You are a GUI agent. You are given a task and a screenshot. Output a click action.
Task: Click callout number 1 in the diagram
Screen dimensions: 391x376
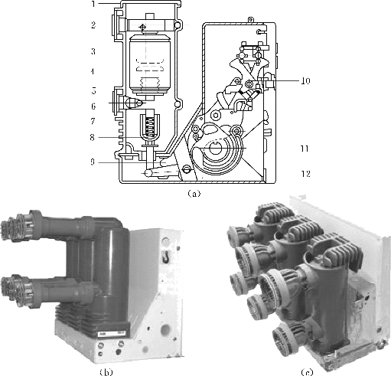93,4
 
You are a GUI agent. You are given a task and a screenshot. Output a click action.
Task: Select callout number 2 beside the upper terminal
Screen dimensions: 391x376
93,25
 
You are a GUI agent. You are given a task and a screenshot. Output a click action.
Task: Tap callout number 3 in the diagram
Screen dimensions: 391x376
93,51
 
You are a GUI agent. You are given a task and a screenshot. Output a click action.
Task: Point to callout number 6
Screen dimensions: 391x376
93,106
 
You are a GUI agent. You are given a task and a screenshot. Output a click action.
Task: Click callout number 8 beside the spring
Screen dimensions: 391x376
93,138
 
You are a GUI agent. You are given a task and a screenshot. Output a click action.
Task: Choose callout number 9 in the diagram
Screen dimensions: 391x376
93,162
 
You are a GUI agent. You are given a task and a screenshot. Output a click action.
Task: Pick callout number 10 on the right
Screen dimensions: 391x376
305,81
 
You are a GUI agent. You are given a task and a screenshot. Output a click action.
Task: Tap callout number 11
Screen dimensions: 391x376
305,149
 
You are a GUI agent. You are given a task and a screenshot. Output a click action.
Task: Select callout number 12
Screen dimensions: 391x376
305,174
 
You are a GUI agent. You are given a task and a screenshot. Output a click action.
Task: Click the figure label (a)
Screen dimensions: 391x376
194,194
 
